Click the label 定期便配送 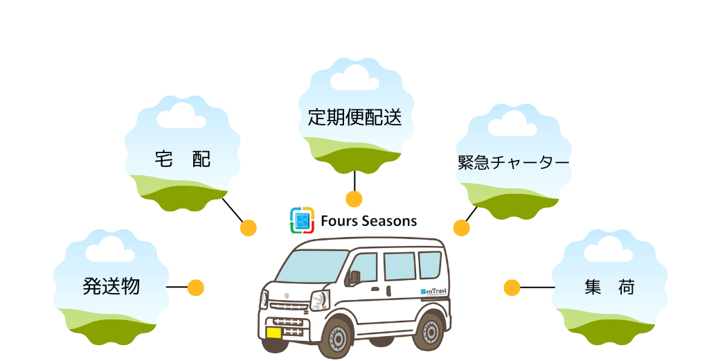(x=354, y=117)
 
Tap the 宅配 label (x=183, y=160)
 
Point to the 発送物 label (x=111, y=285)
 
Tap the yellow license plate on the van (x=274, y=332)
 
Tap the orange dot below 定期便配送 (x=354, y=200)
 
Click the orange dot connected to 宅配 (x=248, y=228)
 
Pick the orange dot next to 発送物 (x=195, y=287)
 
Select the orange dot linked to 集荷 (x=512, y=287)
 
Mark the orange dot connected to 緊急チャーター (x=461, y=227)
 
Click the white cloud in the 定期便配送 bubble (x=354, y=77)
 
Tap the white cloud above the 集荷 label (x=609, y=249)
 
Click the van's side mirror (x=355, y=277)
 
